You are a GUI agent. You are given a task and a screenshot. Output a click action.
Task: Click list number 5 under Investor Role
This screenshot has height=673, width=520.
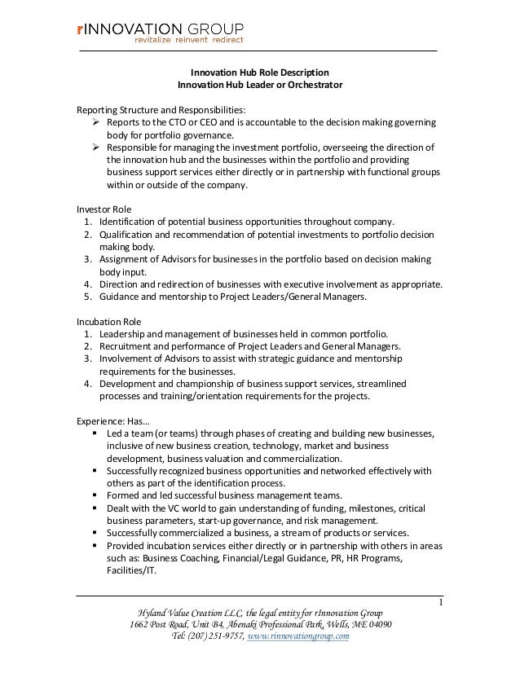(x=86, y=297)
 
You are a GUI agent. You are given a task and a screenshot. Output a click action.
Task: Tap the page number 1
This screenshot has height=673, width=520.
(x=440, y=603)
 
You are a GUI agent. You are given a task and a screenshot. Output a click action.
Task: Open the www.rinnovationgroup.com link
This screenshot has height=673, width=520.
(x=299, y=636)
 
